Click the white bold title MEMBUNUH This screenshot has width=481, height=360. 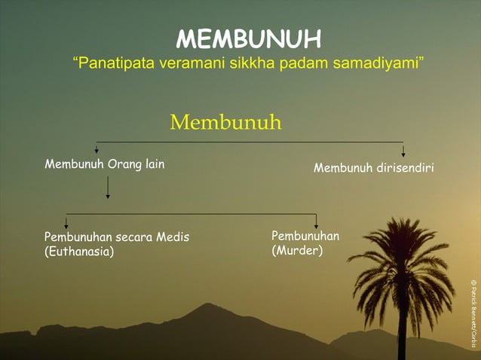(x=248, y=38)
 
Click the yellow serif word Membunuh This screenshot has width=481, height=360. (x=225, y=122)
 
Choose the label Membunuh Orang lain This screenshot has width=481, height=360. (x=104, y=164)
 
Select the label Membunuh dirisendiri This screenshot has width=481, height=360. (x=373, y=168)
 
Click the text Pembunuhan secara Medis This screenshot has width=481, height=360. (x=117, y=237)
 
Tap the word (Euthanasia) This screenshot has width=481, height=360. (x=79, y=252)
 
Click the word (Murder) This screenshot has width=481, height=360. (x=297, y=250)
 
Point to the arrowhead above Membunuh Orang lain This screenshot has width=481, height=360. (x=96, y=150)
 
